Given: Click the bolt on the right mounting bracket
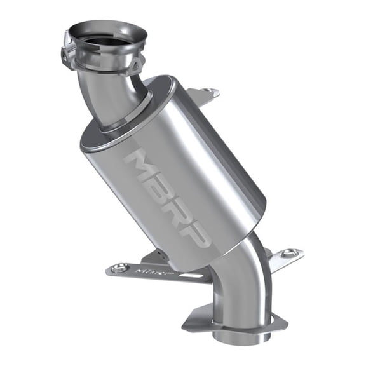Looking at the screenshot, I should click(x=290, y=254).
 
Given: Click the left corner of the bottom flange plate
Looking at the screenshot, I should click(x=191, y=325).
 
